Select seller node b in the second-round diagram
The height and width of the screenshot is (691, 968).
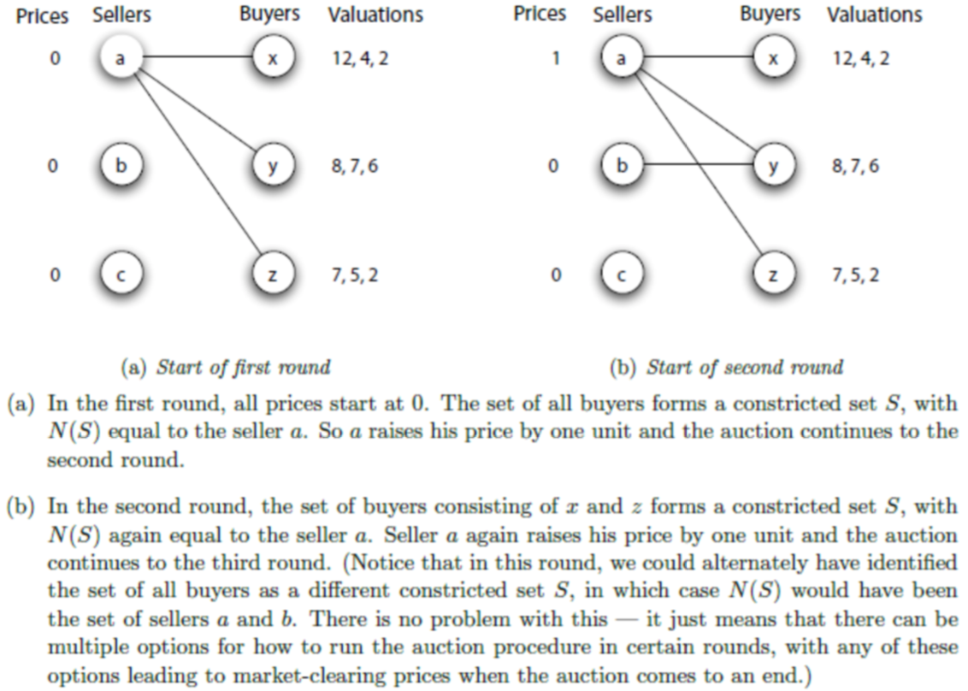point(622,165)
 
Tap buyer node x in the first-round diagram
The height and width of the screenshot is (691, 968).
point(274,59)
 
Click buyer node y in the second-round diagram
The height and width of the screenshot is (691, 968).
point(774,165)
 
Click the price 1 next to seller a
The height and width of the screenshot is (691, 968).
point(557,60)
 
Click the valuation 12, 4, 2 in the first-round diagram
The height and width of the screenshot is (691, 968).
point(360,60)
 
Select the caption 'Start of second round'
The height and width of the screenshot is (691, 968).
point(725,368)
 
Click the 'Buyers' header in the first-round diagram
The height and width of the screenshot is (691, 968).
point(270,15)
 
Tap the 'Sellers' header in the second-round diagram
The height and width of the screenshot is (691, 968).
point(623,15)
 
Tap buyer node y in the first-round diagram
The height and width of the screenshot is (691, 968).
point(274,165)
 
